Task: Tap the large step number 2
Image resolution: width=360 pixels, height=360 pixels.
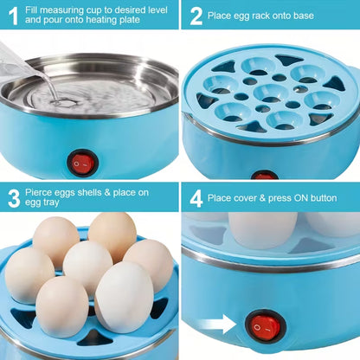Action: click(x=196, y=16)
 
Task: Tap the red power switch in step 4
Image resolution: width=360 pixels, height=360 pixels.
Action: click(x=263, y=326)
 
